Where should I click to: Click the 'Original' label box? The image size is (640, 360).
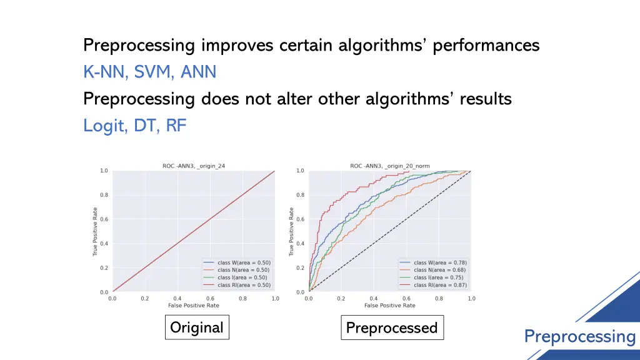click(197, 327)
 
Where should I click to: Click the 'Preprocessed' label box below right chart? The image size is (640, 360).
click(392, 327)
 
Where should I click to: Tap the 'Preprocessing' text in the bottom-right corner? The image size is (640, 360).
click(579, 336)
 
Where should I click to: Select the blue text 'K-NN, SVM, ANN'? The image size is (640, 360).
click(150, 72)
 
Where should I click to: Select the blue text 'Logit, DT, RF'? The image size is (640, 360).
click(135, 126)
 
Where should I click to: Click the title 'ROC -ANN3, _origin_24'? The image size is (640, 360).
click(193, 166)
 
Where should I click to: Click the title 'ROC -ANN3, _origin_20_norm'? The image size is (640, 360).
click(389, 166)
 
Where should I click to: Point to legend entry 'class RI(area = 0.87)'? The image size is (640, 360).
click(440, 284)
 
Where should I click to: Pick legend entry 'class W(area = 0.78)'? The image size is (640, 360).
click(440, 262)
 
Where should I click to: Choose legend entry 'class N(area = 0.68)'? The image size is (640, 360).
click(440, 270)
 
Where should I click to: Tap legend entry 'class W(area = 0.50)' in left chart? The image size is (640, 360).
click(243, 262)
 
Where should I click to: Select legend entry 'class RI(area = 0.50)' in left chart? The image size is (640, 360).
click(244, 284)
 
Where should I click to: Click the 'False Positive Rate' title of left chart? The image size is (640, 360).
click(193, 306)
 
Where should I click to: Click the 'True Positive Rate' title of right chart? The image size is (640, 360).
click(291, 231)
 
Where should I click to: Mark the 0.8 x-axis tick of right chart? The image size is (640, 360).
click(439, 299)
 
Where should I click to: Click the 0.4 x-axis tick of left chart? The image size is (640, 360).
click(177, 299)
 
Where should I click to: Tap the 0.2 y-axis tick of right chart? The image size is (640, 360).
click(300, 268)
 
